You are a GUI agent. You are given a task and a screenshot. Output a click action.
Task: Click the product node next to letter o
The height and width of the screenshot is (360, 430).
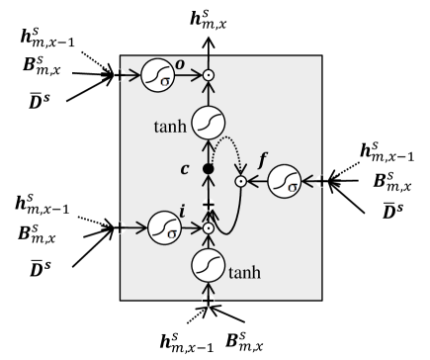pos(208,75)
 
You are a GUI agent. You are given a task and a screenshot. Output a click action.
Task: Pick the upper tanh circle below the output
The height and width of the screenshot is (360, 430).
pos(208,123)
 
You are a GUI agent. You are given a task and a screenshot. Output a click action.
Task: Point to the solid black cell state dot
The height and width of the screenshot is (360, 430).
pos(208,170)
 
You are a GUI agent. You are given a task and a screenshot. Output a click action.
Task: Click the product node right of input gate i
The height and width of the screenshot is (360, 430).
pos(208,227)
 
